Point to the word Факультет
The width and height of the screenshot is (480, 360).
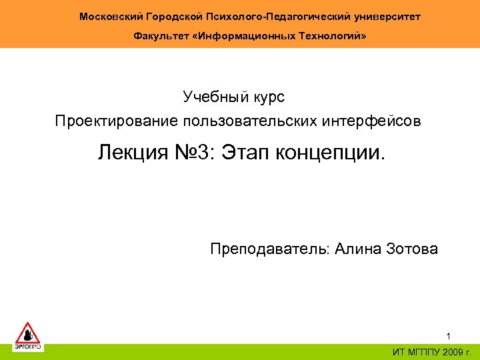[x=159, y=35]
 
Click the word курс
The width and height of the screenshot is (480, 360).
[x=269, y=97]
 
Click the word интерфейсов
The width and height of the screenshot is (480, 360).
[x=363, y=121]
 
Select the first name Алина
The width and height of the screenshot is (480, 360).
[x=358, y=249]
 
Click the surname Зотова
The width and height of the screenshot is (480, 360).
[x=413, y=249]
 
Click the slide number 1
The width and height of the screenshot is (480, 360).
[x=449, y=335]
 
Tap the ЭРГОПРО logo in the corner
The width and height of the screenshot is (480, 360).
[x=28, y=336]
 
